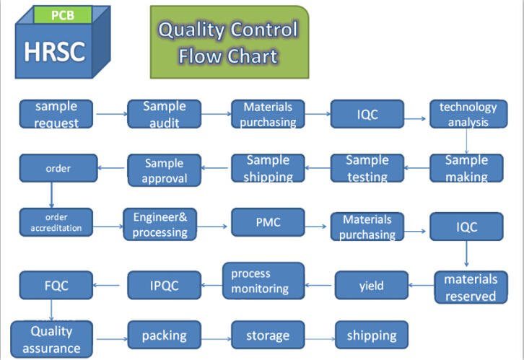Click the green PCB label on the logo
point(63,15)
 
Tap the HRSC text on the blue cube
point(54,51)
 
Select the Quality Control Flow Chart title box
point(230,42)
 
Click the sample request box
point(56,114)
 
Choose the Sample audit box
point(164,114)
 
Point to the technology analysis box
point(468,114)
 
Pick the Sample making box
point(466,168)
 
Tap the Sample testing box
point(367,168)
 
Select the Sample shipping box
point(268,168)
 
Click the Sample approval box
point(164,170)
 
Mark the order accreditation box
point(56,222)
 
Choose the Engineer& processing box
point(160,224)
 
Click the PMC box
point(268,222)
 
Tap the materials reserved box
point(471,287)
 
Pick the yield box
point(372,285)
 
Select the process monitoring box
point(263,281)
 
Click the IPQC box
point(164,285)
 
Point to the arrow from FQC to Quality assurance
point(51,310)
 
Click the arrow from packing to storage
point(217,339)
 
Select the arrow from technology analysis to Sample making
point(466,141)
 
